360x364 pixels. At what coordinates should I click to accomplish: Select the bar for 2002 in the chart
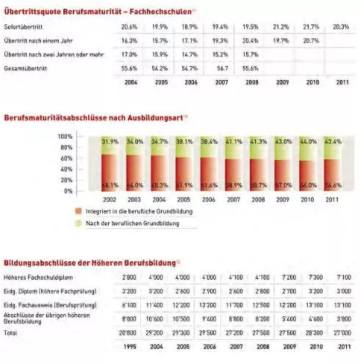[x=109, y=164]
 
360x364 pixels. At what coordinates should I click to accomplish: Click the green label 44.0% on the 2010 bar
[x=308, y=141]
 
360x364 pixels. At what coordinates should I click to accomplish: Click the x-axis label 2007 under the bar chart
[x=233, y=200]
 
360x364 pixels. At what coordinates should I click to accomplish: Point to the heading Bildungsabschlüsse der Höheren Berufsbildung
[x=90, y=262]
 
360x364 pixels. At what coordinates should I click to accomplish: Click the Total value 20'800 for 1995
[x=129, y=332]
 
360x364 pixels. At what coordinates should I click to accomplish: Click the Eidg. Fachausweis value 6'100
[x=129, y=304]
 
